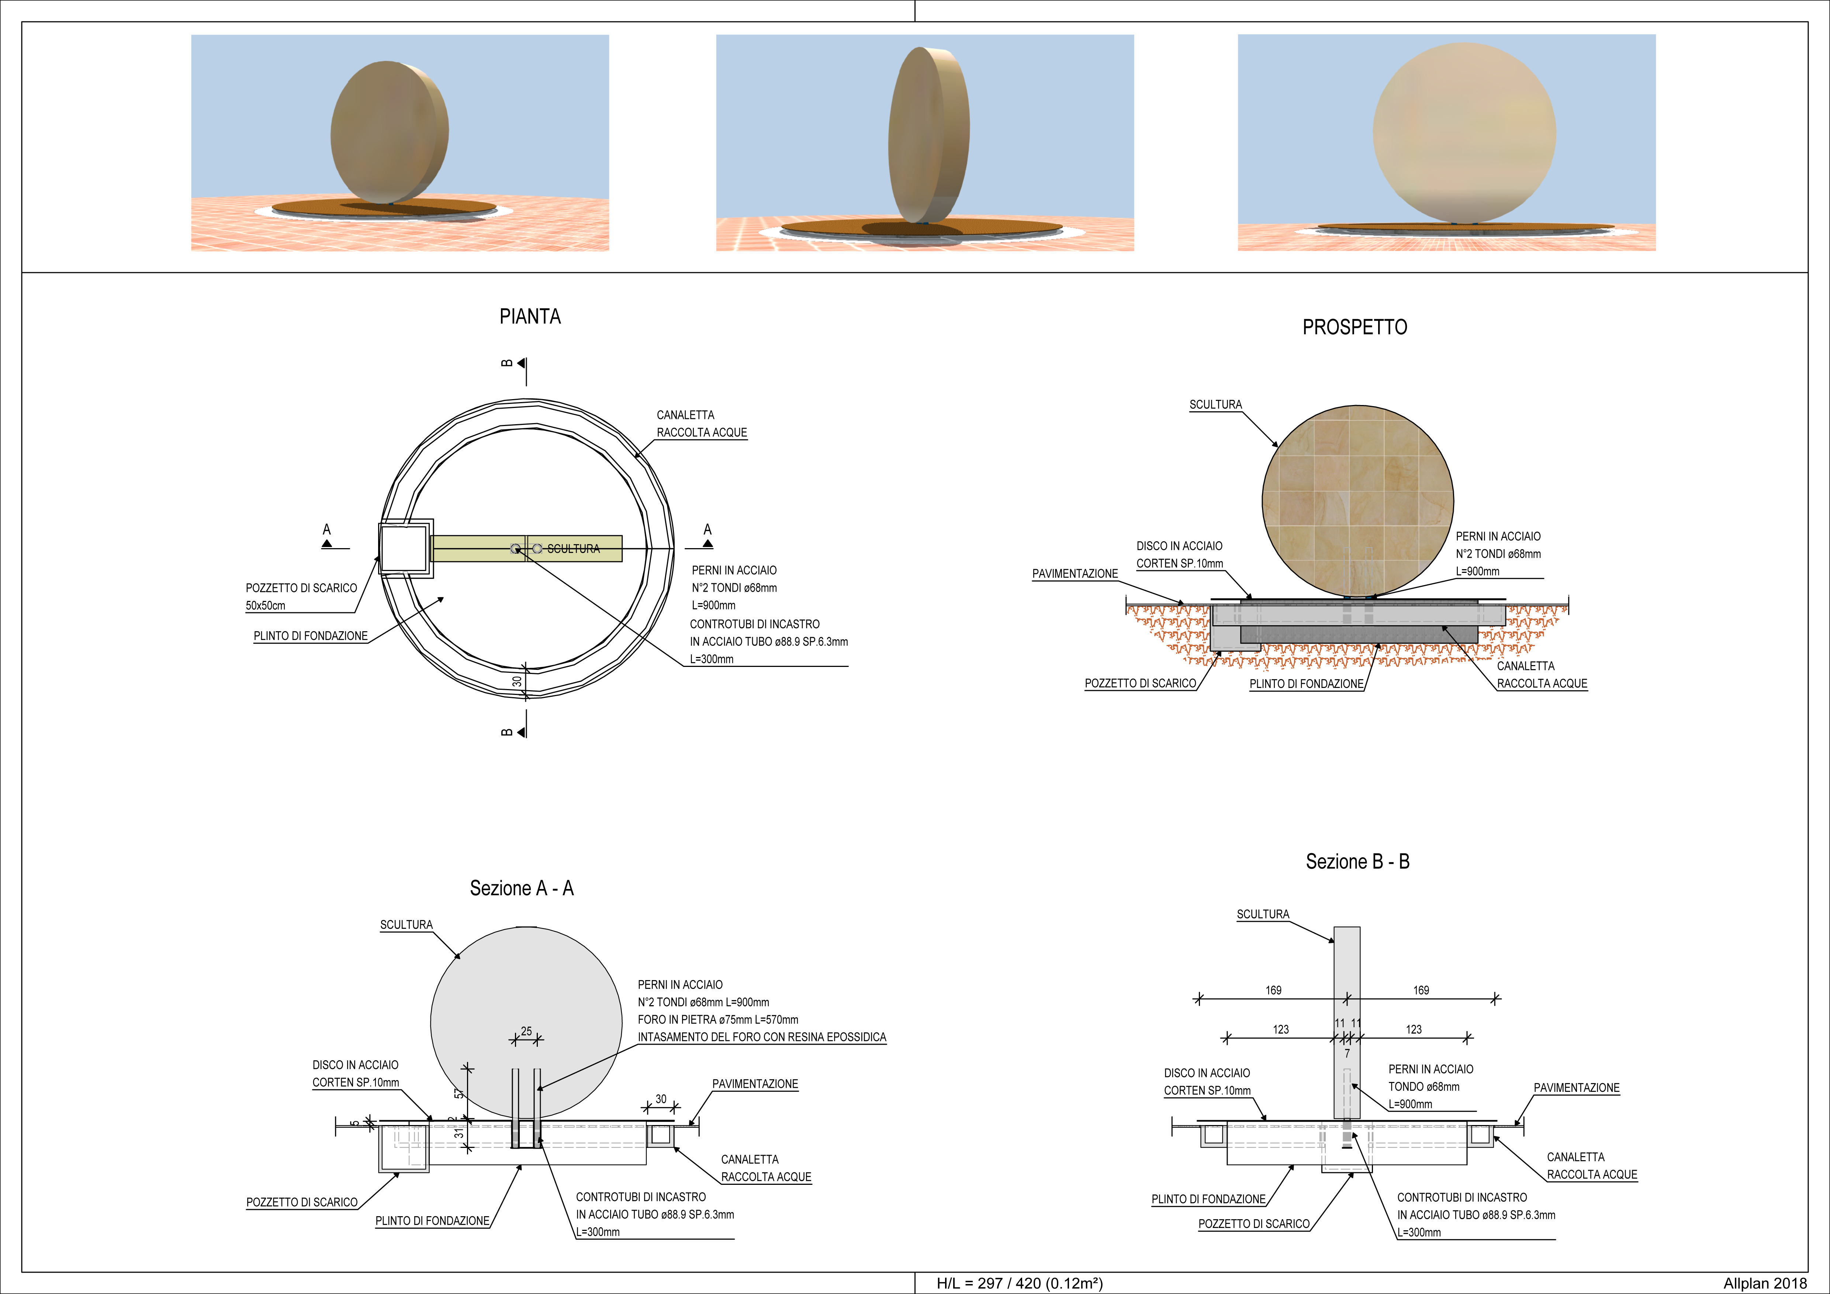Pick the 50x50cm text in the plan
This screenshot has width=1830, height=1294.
(x=266, y=606)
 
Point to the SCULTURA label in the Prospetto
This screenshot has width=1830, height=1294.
(x=1215, y=405)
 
